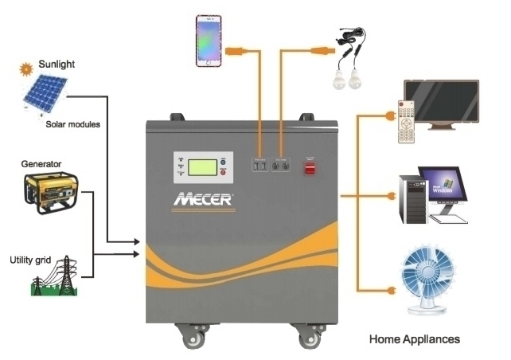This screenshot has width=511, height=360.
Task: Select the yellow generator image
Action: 47,191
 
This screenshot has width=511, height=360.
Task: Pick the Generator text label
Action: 42,164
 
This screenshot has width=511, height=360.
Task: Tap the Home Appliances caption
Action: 414,338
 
